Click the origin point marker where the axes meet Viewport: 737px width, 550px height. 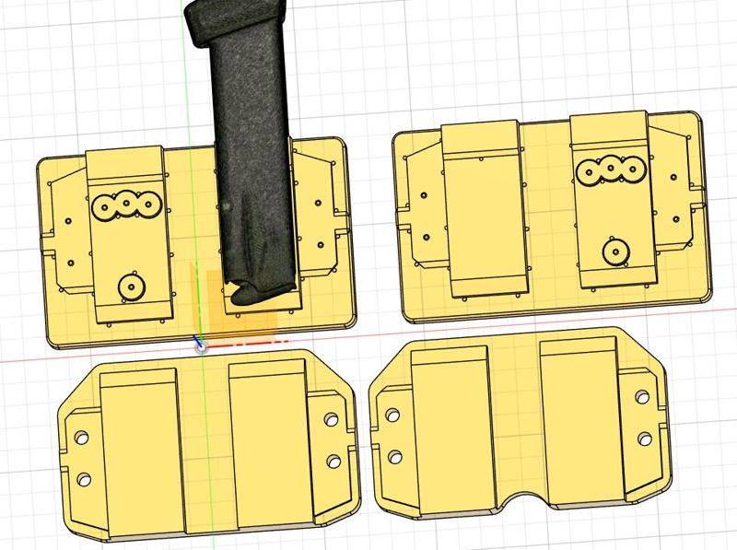(201, 347)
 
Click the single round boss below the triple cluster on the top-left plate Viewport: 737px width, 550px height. (132, 287)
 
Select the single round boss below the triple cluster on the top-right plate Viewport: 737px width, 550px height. (613, 249)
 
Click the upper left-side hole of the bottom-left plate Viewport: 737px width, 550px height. (80, 438)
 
